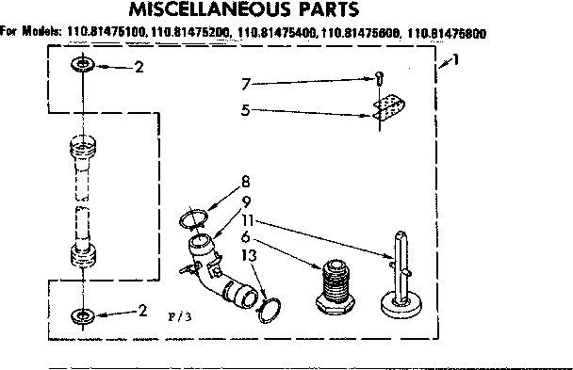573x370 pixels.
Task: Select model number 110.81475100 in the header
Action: point(106,33)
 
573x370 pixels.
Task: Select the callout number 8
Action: point(245,181)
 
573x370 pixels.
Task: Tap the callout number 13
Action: point(247,255)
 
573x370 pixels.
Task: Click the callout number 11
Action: point(247,218)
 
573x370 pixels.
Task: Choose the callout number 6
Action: point(245,236)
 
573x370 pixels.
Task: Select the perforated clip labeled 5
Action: point(386,107)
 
